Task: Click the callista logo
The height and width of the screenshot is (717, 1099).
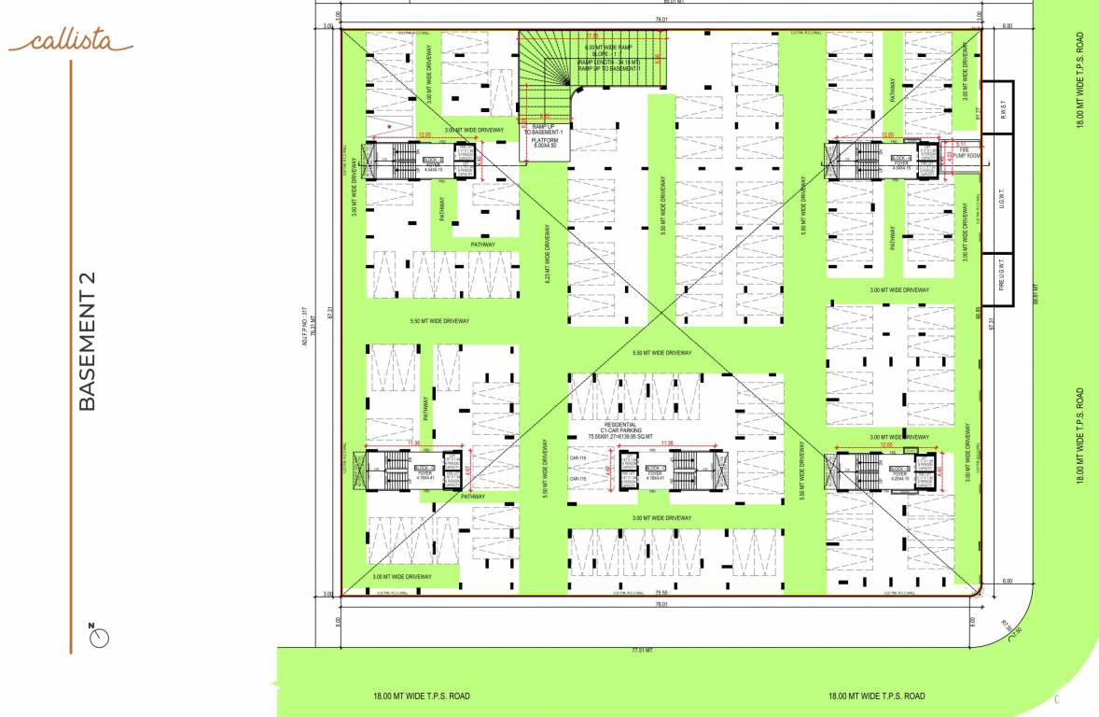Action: [x=70, y=41]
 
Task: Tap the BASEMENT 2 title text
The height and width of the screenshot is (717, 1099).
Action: [x=87, y=341]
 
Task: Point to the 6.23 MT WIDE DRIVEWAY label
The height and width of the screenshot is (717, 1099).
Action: [x=548, y=253]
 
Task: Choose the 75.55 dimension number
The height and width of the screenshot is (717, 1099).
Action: [x=661, y=592]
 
